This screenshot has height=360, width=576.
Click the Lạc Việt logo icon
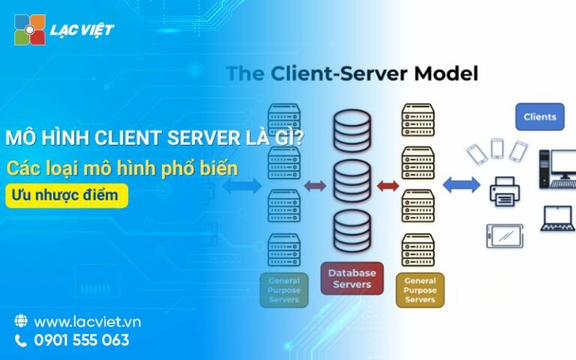(x=29, y=30)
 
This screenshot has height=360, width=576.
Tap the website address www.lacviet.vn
(x=87, y=322)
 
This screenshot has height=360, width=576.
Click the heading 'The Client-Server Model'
(x=352, y=74)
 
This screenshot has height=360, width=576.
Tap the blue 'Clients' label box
(x=539, y=117)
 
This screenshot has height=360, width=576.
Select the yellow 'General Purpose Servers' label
(x=419, y=289)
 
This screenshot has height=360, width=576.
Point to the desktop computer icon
(x=556, y=166)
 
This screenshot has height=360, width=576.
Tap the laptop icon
(x=557, y=218)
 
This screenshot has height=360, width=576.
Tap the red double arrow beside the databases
(x=388, y=185)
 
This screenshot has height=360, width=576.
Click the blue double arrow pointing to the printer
(x=461, y=184)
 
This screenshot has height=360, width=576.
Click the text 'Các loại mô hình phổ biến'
(x=123, y=167)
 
